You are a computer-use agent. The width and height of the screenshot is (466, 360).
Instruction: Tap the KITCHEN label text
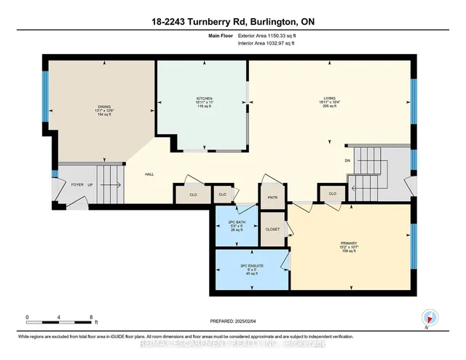click(x=203, y=98)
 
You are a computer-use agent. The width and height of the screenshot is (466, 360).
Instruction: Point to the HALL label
click(x=149, y=174)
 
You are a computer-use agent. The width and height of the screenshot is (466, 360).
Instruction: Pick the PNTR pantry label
click(x=273, y=197)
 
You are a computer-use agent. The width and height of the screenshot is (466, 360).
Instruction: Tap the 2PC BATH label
click(x=237, y=221)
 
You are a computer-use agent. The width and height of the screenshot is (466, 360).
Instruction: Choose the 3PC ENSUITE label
click(x=251, y=266)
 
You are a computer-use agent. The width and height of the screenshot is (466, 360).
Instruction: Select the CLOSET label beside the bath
click(x=272, y=229)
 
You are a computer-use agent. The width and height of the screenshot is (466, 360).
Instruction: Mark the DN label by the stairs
click(x=347, y=161)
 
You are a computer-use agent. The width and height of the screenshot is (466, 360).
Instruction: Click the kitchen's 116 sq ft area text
click(x=203, y=107)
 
